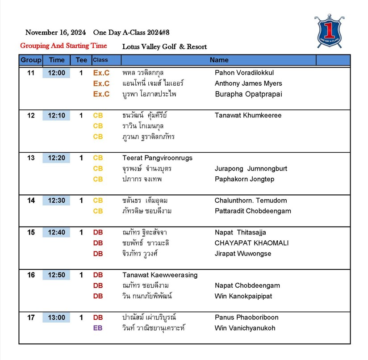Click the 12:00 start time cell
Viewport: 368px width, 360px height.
[57, 73]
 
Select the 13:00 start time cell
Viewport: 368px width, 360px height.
[57, 318]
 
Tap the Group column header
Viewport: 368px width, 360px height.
[31, 60]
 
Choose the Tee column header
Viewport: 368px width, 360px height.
[81, 60]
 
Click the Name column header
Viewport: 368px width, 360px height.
[219, 60]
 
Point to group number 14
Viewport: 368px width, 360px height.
[31, 201]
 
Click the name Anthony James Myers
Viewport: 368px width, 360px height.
[248, 84]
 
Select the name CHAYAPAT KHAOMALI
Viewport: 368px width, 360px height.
[251, 243]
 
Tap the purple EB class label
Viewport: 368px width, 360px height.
[98, 328]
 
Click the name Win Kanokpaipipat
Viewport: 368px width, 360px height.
[243, 296]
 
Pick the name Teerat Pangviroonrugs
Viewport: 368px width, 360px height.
[157, 158]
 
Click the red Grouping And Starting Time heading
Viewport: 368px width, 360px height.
[63, 46]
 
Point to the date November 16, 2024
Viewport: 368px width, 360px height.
[55, 32]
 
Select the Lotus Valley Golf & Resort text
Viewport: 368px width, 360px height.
[164, 46]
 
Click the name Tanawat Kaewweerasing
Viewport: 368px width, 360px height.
[160, 275]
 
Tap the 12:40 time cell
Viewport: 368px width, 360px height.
[57, 232]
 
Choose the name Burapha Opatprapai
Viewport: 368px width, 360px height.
[248, 94]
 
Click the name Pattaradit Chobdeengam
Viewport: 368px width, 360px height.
[253, 211]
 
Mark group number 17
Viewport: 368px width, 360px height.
[31, 318]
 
